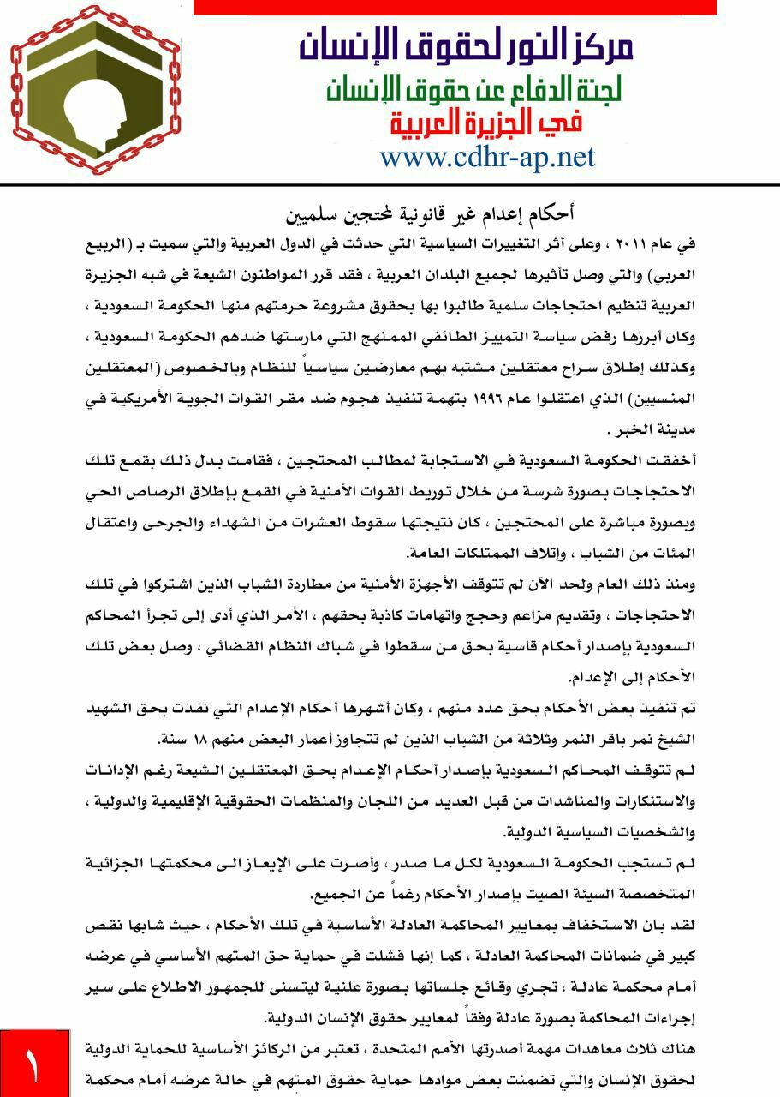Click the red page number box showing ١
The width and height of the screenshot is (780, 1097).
coord(34,1063)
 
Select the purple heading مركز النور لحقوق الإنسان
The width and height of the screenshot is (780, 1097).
coord(466,44)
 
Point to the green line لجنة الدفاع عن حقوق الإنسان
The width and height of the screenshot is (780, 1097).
coord(474,87)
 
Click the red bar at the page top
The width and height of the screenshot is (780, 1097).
coord(455,7)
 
